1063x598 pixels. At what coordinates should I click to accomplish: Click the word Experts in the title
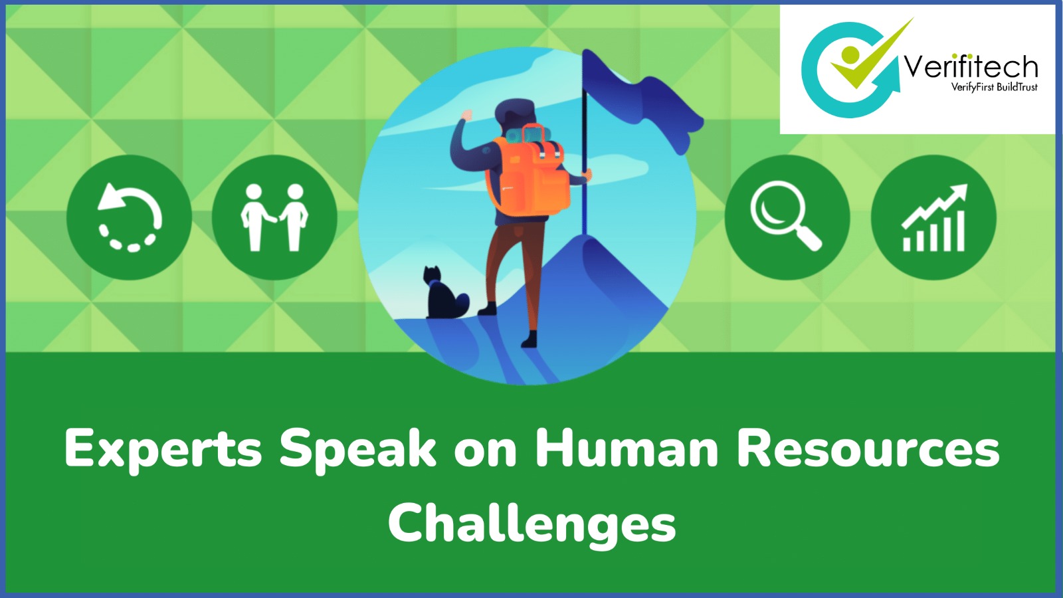163,450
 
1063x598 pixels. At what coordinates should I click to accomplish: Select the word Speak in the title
357,450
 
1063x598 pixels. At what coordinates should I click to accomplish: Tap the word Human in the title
627,448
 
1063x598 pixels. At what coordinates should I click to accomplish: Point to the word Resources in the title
868,448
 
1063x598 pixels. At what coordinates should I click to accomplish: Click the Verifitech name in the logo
971,67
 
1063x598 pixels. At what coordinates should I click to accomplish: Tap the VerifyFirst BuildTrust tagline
994,87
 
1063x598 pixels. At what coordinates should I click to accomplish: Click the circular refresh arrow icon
130,217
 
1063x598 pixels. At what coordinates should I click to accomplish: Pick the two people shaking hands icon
274,217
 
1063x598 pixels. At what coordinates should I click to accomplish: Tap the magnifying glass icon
787,216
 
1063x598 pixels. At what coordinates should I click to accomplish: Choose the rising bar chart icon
933,217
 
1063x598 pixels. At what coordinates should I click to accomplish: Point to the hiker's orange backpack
531,176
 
